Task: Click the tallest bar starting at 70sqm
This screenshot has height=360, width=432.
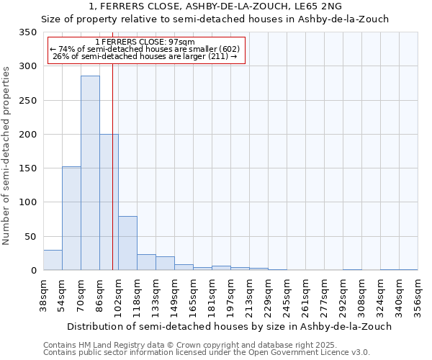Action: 90,173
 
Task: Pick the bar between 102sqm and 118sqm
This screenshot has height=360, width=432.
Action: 127,243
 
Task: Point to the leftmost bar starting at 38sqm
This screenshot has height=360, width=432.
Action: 53,260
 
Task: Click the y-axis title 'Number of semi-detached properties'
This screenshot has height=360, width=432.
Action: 6,155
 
